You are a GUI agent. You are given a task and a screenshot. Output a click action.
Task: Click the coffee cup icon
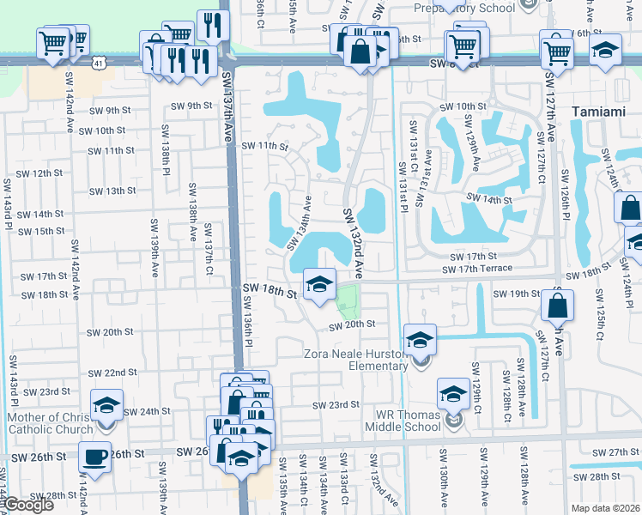(95, 456)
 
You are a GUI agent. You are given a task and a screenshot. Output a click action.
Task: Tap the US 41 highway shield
(100, 64)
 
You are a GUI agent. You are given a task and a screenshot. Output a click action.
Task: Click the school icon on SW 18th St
(319, 284)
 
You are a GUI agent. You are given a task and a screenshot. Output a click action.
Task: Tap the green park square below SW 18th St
(346, 300)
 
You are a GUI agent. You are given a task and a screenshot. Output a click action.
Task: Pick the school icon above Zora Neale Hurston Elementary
(421, 340)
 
